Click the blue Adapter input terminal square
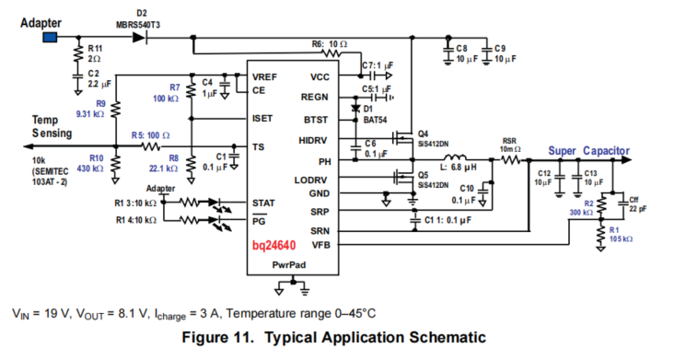(x=50, y=38)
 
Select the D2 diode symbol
(x=139, y=38)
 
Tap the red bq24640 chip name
(x=273, y=246)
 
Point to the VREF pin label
(x=264, y=77)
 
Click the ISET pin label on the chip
(x=262, y=119)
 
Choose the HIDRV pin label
(x=312, y=140)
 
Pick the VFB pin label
(x=320, y=245)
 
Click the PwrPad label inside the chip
(x=289, y=265)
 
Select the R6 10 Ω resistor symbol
(x=332, y=53)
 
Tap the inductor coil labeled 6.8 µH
(x=455, y=157)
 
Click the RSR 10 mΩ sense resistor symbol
(x=510, y=160)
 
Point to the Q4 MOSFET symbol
(x=403, y=138)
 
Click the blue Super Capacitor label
(x=588, y=151)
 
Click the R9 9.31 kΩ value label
(x=90, y=114)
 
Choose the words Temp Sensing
(x=52, y=127)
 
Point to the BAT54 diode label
(x=375, y=120)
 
